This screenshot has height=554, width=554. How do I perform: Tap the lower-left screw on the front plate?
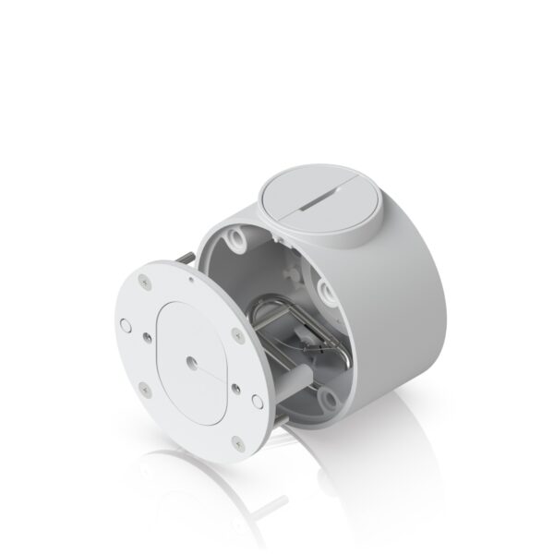[x=144, y=386]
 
